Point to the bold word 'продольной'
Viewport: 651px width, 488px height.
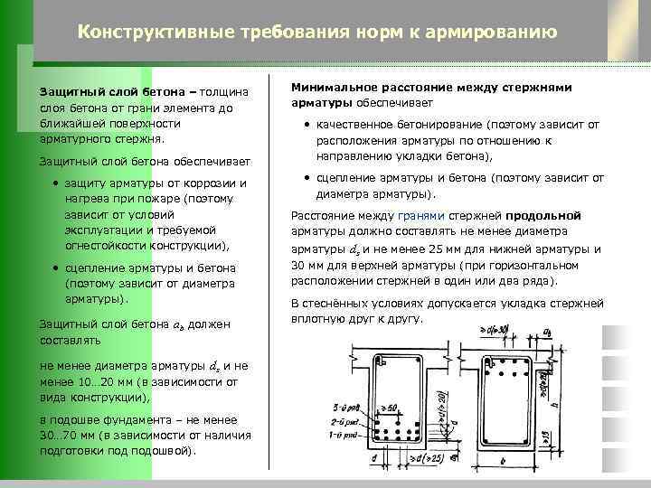pyautogui.click(x=543, y=216)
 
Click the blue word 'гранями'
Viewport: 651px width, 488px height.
pyautogui.click(x=422, y=216)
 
